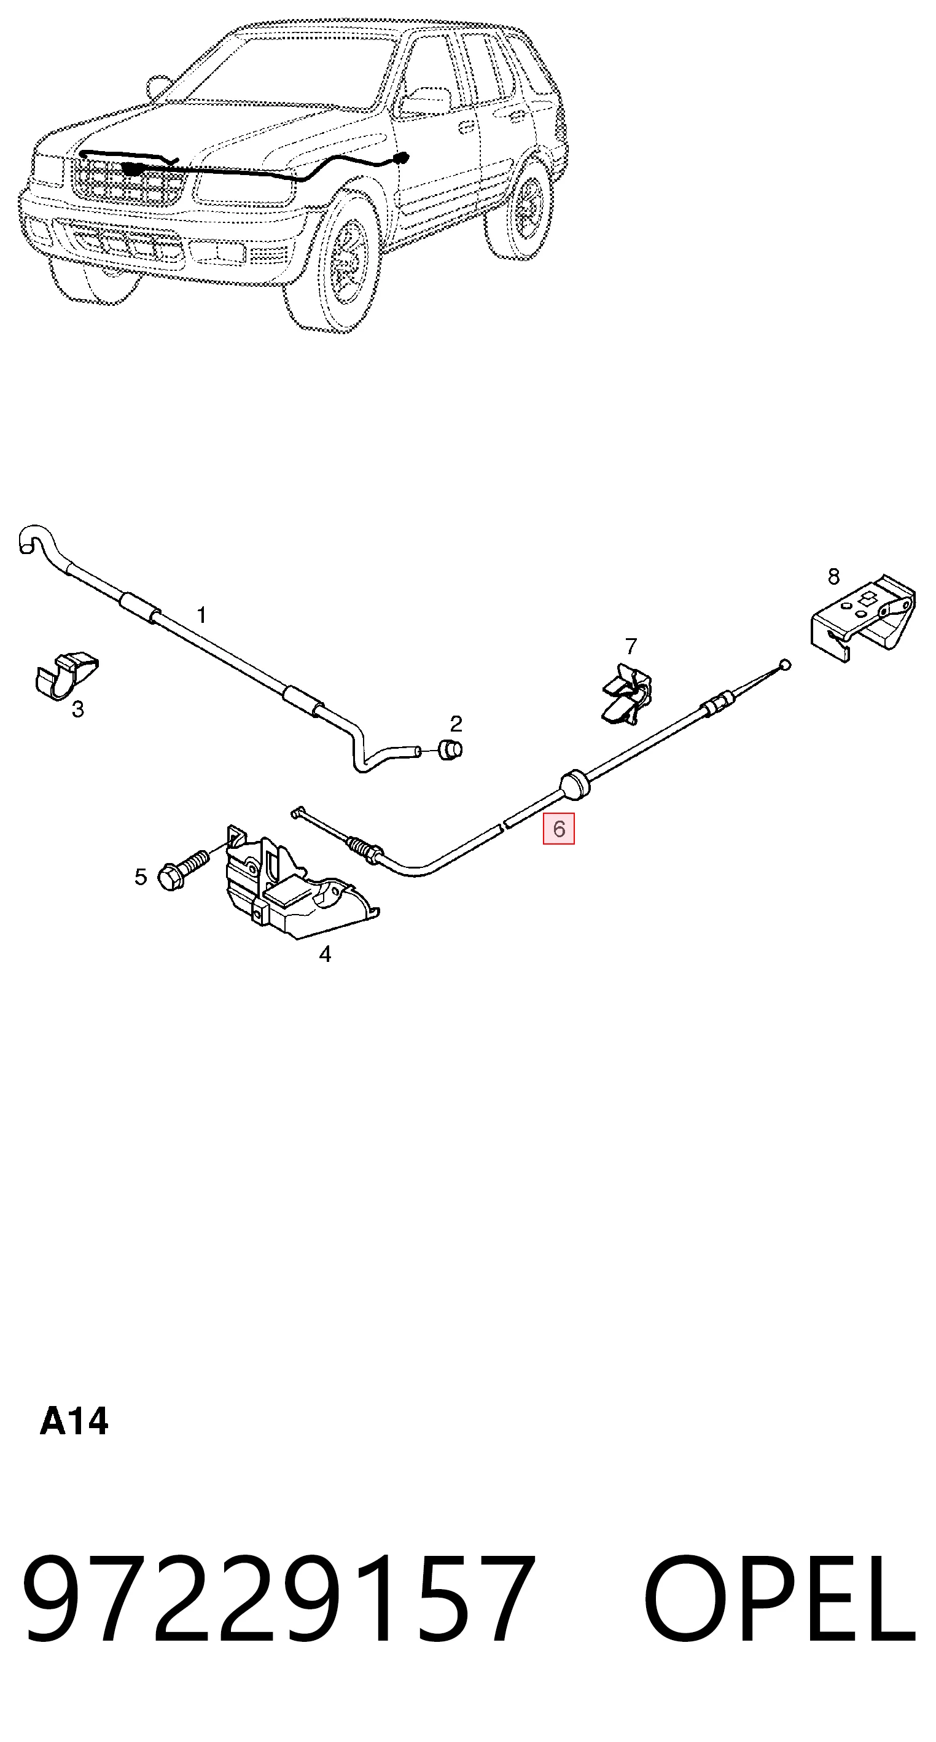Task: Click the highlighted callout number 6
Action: point(559,829)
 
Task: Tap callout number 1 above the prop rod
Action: point(201,615)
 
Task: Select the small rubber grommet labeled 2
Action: point(451,749)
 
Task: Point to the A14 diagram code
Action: point(74,1421)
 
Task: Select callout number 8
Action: point(833,577)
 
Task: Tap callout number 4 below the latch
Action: point(326,954)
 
